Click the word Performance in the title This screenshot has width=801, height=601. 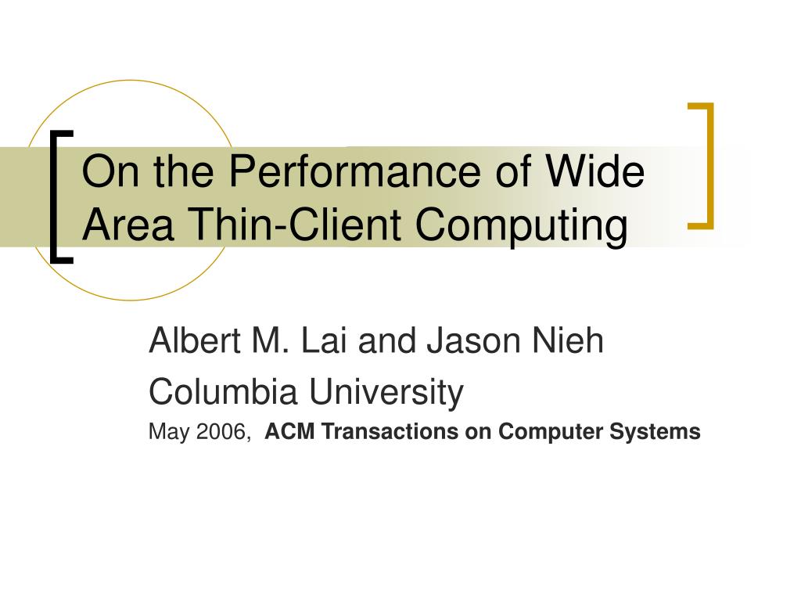[354, 171]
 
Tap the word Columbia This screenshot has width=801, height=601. [223, 391]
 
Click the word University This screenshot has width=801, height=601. [386, 393]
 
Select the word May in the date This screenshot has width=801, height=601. [169, 433]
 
